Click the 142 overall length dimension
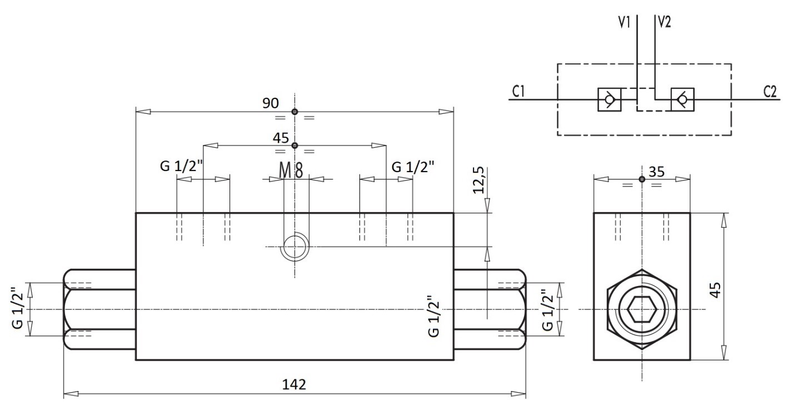click(294, 384)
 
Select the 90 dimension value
click(271, 103)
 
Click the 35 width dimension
click(657, 172)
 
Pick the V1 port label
click(624, 22)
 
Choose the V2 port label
click(664, 22)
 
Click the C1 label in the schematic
click(518, 92)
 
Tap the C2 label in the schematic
click(770, 92)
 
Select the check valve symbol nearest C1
click(609, 99)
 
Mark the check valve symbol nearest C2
click(682, 99)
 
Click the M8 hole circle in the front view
click(295, 247)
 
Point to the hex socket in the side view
click(642, 309)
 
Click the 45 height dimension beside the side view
click(716, 290)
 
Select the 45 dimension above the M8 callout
click(281, 138)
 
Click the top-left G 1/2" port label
click(182, 166)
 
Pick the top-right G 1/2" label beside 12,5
click(413, 166)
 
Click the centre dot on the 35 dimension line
click(642, 179)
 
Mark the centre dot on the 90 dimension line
click(295, 112)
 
